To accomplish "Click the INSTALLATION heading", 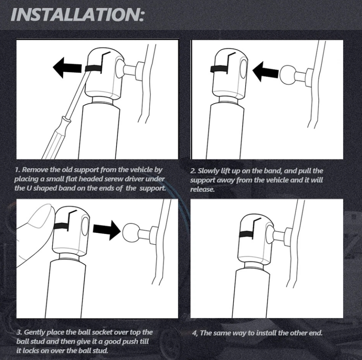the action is [77, 14].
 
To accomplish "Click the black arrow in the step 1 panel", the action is [67, 68].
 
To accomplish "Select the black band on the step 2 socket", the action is [219, 69].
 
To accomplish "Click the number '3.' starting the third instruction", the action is [20, 332].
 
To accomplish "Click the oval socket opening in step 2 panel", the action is [243, 69].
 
